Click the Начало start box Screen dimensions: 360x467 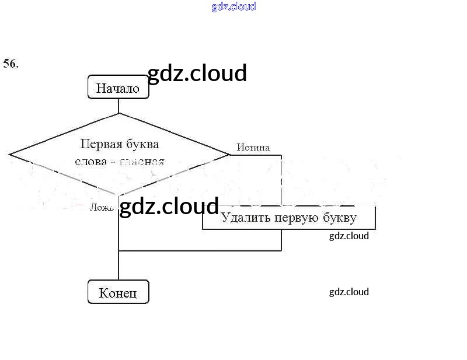(x=118, y=88)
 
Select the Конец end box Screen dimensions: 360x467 (x=118, y=292)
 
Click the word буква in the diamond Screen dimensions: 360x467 (x=141, y=144)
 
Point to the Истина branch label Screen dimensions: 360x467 (x=253, y=148)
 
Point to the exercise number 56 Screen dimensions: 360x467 (x=11, y=64)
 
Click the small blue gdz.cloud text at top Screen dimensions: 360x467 (x=233, y=7)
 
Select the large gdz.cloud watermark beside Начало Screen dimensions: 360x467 (x=197, y=74)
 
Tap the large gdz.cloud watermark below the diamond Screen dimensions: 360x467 (x=169, y=207)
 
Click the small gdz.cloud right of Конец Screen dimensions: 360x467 (x=348, y=292)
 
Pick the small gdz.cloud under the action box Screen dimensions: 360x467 (x=348, y=236)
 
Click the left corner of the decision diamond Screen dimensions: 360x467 (x=11, y=155)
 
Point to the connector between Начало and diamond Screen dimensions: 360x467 (x=119, y=106)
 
